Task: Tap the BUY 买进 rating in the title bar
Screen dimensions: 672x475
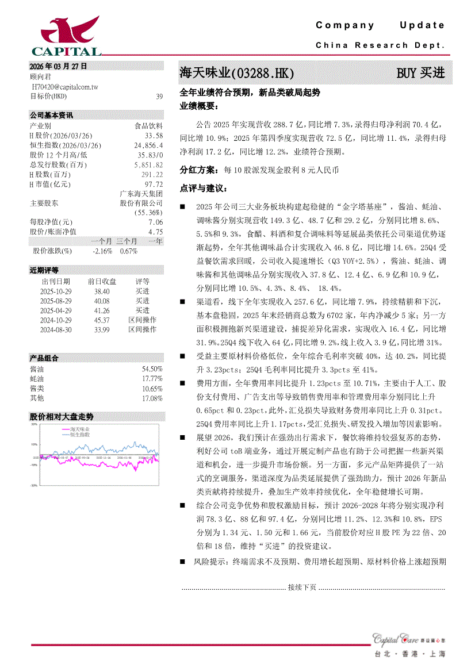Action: point(420,73)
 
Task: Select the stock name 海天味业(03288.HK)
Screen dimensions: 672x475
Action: point(237,74)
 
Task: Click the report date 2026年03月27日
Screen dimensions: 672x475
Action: point(59,66)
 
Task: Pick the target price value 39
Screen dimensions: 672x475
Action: point(159,97)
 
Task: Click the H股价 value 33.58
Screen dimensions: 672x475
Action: point(154,135)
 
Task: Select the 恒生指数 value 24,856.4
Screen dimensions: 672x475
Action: point(148,145)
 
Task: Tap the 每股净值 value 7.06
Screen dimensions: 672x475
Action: point(155,222)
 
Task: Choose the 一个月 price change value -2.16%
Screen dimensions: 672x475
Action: point(102,251)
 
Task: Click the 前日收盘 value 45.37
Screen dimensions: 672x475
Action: point(102,320)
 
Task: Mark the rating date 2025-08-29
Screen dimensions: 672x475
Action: point(56,301)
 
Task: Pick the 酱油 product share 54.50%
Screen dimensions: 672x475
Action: point(152,368)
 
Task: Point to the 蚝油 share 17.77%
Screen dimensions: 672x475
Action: point(152,379)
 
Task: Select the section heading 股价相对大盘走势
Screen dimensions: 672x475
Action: point(62,416)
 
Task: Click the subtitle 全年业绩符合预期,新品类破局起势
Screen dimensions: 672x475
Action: point(250,92)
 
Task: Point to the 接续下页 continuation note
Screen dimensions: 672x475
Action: point(302,587)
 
